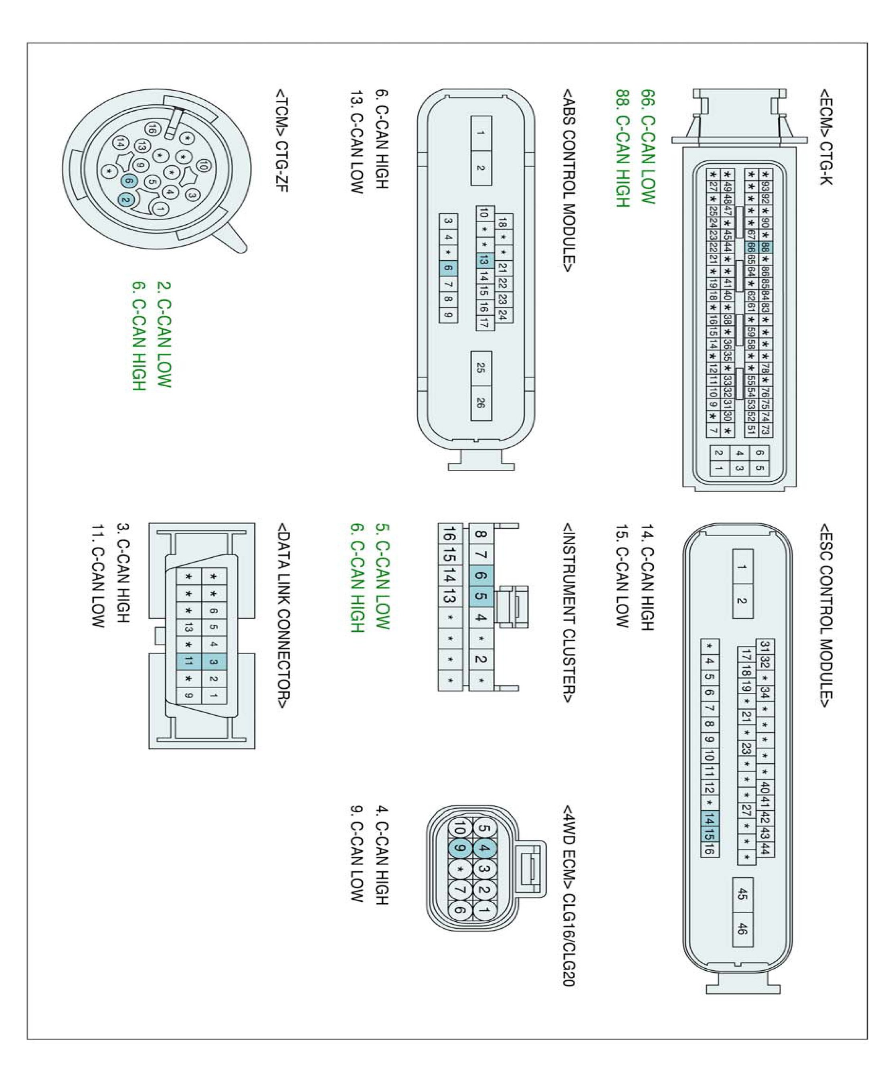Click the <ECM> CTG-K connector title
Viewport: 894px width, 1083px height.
click(825, 136)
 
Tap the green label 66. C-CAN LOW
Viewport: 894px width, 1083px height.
click(647, 146)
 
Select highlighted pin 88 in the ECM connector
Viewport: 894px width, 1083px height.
click(765, 247)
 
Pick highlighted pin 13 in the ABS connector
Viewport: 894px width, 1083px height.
click(483, 261)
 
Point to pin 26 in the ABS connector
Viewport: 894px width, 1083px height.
click(480, 402)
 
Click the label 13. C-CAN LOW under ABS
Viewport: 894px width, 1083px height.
click(356, 142)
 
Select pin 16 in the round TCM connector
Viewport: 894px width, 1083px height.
click(152, 129)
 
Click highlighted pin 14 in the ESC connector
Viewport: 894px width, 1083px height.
click(709, 819)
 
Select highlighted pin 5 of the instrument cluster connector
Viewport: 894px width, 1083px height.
click(480, 596)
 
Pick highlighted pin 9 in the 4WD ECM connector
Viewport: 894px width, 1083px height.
click(460, 848)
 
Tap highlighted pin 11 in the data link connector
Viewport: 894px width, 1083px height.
click(188, 661)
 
